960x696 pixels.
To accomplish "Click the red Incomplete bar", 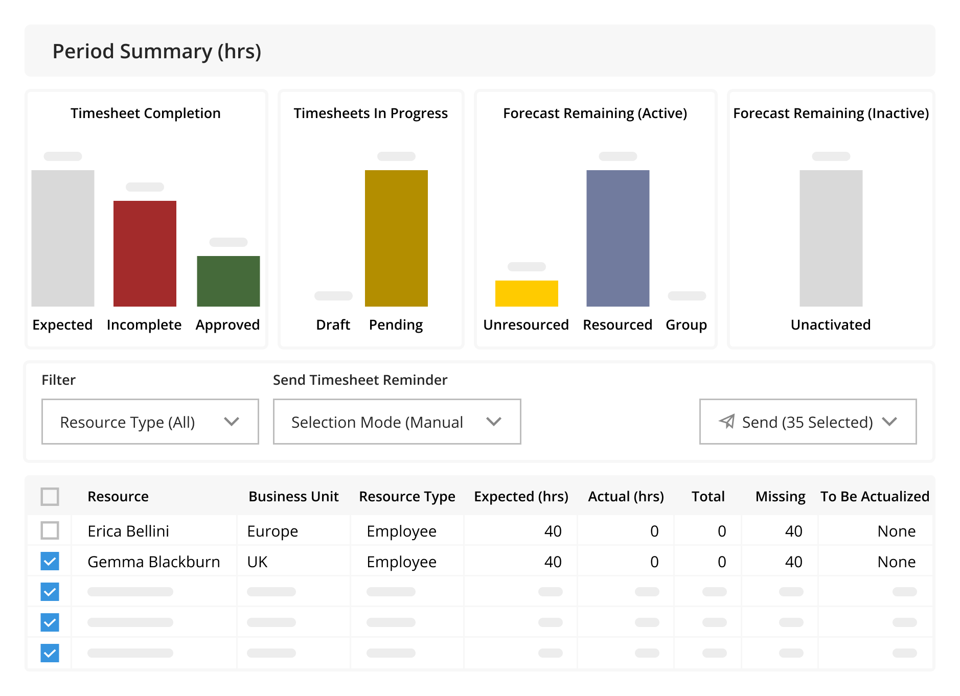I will [x=145, y=253].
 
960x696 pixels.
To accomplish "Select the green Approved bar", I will [x=228, y=281].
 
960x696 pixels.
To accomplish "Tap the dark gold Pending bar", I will [x=396, y=238].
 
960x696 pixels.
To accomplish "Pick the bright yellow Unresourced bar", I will [x=527, y=293].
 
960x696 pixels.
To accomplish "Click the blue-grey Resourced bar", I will [x=618, y=238].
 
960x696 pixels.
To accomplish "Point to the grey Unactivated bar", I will [x=831, y=238].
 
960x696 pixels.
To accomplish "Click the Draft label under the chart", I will [x=333, y=325].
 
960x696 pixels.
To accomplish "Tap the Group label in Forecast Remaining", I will [x=686, y=325].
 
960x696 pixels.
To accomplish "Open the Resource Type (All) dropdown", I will [x=150, y=422].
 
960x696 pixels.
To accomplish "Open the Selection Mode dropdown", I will [x=397, y=422].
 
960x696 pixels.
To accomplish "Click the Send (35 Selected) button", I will [x=808, y=422].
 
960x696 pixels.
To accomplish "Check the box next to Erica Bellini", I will [x=50, y=530].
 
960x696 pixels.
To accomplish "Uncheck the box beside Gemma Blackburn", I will [x=50, y=561].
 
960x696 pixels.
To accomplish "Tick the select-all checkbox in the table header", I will [x=50, y=496].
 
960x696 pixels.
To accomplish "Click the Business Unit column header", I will [x=293, y=497].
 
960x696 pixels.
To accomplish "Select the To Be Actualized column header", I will [x=875, y=497].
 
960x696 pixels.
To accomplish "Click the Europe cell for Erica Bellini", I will [x=272, y=531].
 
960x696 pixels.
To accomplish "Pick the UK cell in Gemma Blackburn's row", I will [x=257, y=562].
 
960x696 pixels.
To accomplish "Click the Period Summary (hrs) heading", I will [x=157, y=52].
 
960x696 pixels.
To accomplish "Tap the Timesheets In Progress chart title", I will [x=371, y=113].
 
